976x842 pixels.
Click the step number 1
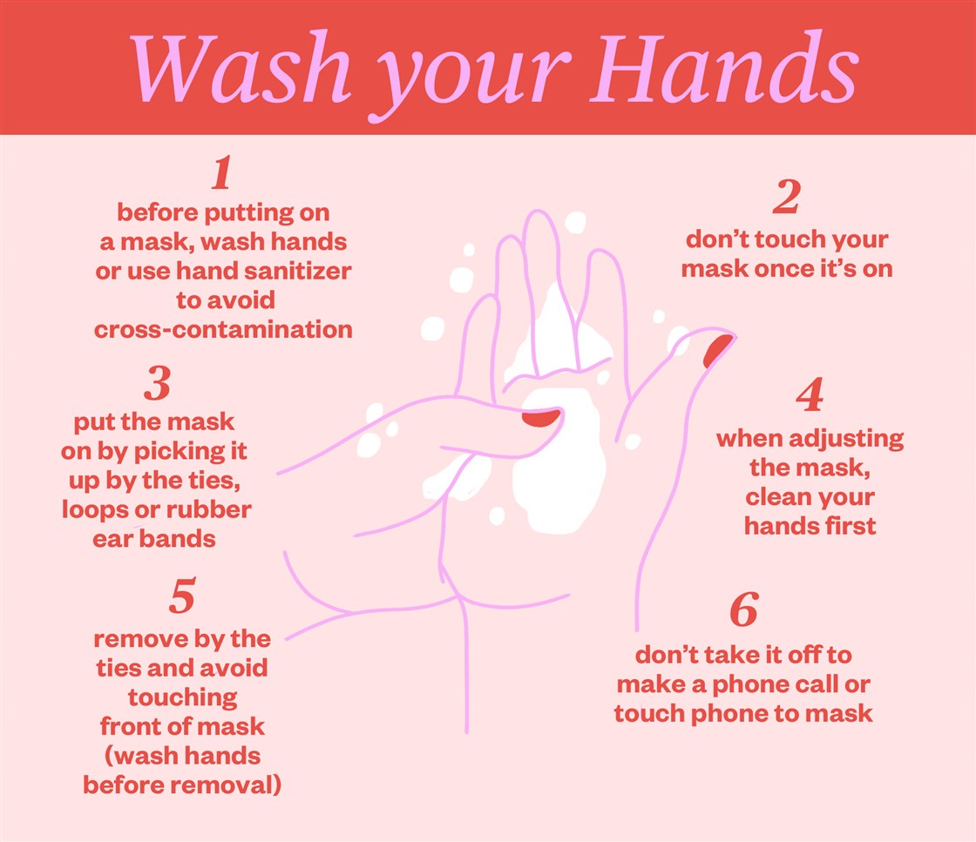point(222,174)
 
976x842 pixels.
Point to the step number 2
point(786,199)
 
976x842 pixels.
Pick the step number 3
point(157,384)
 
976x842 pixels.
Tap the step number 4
point(810,396)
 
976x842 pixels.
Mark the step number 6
point(744,610)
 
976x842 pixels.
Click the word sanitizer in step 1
point(299,271)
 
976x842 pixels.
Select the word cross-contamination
point(223,330)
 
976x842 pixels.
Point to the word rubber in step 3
point(214,509)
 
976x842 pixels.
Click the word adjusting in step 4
point(859,439)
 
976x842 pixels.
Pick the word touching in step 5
point(182,697)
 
